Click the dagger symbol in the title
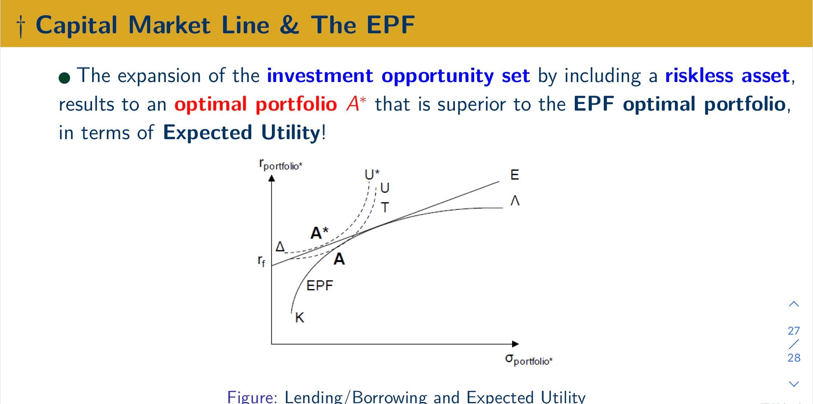[x=21, y=26]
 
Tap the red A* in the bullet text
[x=356, y=104]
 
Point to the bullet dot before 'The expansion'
[x=65, y=78]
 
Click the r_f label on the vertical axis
[x=261, y=261]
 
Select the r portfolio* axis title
[x=281, y=165]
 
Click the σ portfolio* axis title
[x=529, y=360]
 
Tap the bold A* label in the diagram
[x=319, y=233]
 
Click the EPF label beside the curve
[x=320, y=285]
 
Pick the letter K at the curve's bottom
[x=300, y=318]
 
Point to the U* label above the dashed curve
[x=372, y=174]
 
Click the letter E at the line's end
[x=514, y=175]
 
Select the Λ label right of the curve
[x=515, y=201]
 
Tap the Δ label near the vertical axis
[x=280, y=247]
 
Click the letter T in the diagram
[x=385, y=207]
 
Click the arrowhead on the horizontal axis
[x=515, y=344]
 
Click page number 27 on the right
[x=794, y=331]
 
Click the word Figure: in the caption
[x=252, y=397]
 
